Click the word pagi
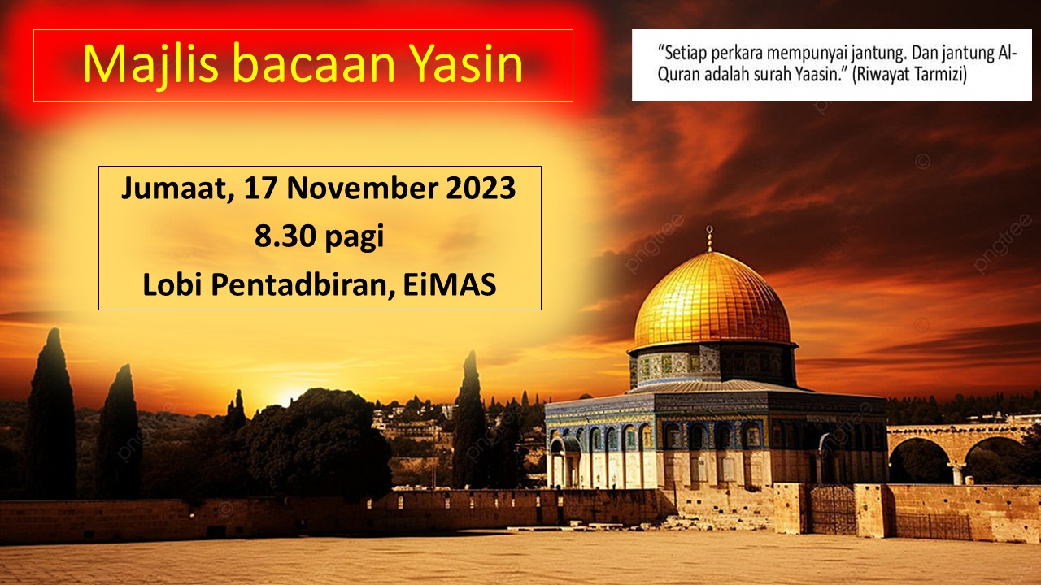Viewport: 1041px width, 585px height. point(354,239)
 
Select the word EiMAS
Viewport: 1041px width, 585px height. point(450,284)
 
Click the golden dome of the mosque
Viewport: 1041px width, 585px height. point(711,300)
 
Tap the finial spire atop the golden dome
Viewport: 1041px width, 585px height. point(709,239)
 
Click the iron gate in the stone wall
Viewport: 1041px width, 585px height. point(832,510)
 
